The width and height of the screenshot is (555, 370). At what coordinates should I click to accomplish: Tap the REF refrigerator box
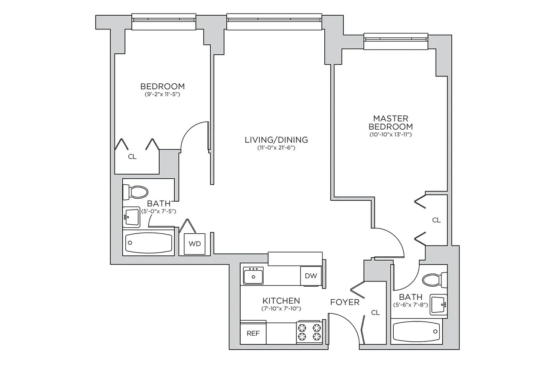point(253,334)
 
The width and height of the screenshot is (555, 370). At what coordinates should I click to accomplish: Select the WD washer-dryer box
point(195,244)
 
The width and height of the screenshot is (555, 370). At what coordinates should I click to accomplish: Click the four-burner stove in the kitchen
point(309,332)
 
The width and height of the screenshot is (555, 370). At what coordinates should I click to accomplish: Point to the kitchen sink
point(254,276)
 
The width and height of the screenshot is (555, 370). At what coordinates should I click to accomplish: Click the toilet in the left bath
point(136,191)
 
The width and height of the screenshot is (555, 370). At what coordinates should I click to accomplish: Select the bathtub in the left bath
point(148,244)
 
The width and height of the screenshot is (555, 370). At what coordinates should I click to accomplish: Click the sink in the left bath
point(131,216)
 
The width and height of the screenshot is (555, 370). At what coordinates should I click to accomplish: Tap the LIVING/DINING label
point(276,140)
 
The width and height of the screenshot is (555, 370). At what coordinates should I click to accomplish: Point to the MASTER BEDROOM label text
point(390,122)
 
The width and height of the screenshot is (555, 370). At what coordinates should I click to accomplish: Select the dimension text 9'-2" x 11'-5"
point(162,94)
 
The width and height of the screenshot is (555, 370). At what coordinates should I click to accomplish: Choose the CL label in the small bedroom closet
point(132,157)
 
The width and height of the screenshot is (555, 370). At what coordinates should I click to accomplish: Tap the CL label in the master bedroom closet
point(436,220)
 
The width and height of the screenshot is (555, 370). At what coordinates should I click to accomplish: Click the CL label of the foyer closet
point(375,313)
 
